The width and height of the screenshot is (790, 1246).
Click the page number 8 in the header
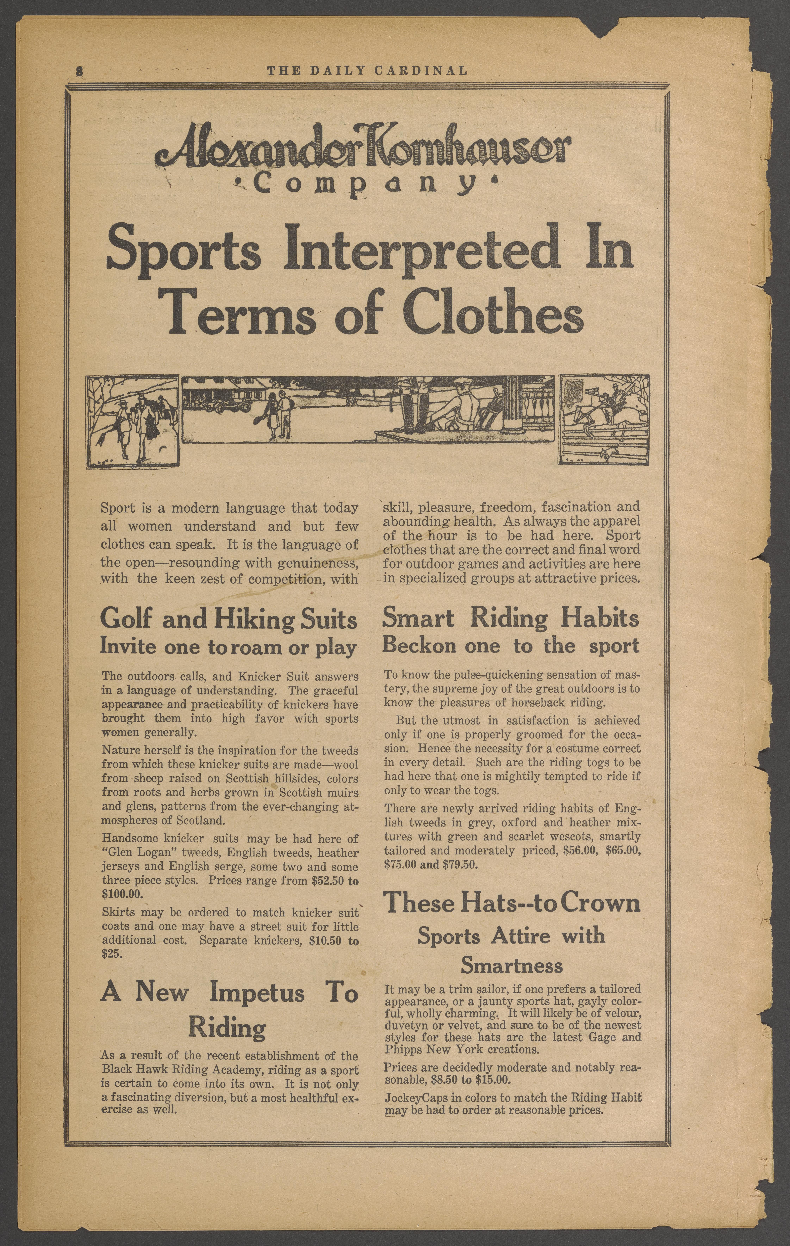coord(79,71)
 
